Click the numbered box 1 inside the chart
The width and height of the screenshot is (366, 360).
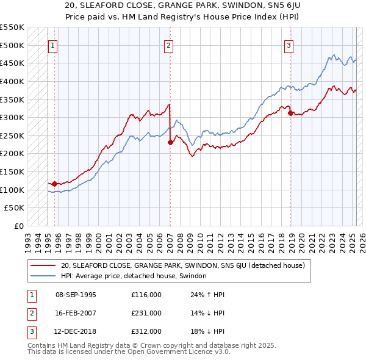coord(53,45)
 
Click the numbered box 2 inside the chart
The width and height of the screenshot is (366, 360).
coord(168,45)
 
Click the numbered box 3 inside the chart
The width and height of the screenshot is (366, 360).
coord(289,45)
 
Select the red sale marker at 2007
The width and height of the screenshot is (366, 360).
coord(170,142)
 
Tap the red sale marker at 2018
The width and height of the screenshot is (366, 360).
coord(290,113)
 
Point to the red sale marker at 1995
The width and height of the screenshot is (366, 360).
coord(55,184)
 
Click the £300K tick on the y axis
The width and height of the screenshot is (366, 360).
coord(13,117)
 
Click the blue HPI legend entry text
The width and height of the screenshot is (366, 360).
coord(134,276)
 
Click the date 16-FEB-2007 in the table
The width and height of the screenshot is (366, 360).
coord(76,313)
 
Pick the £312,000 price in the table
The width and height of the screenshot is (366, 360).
coord(146,331)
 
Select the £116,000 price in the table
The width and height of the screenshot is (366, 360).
coord(146,295)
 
